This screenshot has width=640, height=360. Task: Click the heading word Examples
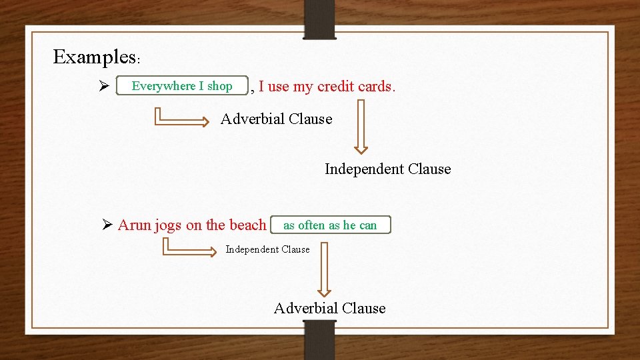94,57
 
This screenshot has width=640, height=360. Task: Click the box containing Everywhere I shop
182,86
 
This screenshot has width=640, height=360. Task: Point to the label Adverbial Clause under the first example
276,119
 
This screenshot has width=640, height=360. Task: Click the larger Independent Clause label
387,169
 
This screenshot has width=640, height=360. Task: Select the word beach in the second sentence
247,225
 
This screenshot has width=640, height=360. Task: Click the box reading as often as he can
331,225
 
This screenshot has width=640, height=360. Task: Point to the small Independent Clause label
267,249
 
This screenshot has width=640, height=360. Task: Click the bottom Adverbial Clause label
329,308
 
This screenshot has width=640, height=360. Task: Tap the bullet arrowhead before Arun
106,225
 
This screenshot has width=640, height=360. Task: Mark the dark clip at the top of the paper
320,19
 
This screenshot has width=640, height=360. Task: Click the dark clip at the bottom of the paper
320,339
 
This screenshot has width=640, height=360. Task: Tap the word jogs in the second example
167,225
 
